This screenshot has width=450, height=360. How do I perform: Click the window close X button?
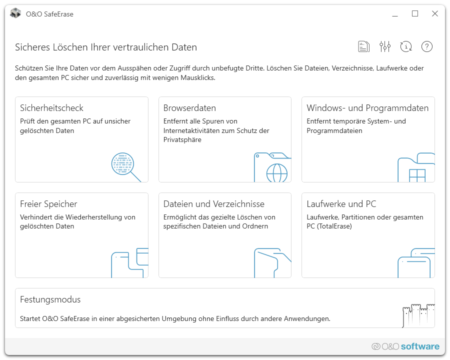(435, 13)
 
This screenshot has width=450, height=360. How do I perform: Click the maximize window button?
(414, 13)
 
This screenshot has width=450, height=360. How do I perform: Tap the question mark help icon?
(427, 46)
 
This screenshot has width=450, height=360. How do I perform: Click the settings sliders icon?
(385, 46)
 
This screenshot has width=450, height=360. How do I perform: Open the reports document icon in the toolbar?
(364, 46)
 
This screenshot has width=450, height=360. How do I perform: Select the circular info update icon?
(406, 46)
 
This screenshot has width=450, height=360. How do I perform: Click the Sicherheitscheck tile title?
(51, 108)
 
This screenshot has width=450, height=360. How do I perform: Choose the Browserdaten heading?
(189, 108)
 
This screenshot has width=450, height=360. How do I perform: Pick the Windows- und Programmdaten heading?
(367, 108)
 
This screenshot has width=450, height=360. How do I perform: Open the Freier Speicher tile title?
(48, 204)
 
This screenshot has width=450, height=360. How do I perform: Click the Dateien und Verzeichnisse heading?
(214, 204)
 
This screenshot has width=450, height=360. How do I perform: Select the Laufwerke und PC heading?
(341, 204)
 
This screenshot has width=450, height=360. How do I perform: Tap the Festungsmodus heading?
(50, 299)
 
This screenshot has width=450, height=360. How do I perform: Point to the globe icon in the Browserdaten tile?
(276, 173)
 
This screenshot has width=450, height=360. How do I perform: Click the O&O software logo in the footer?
(405, 346)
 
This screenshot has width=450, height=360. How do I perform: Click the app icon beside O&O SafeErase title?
(15, 13)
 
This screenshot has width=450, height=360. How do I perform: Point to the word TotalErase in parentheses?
(334, 226)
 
